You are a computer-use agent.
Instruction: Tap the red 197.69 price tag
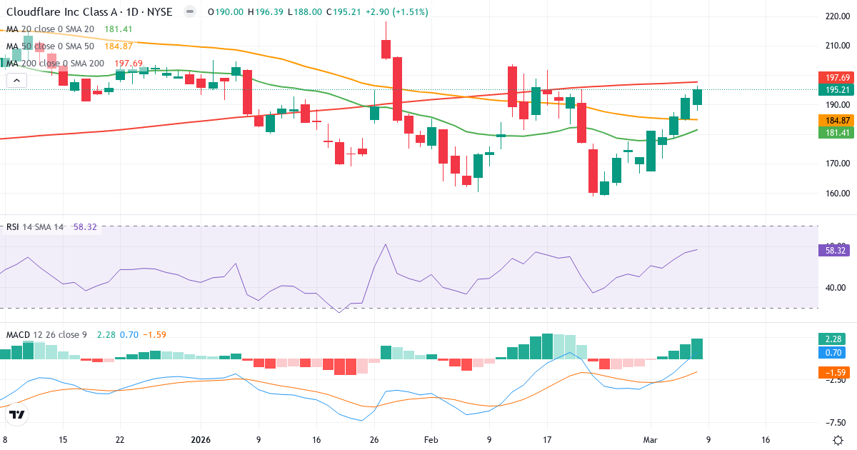coord(836,78)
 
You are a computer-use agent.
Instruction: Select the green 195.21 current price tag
coord(836,90)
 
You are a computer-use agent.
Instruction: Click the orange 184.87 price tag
coord(836,121)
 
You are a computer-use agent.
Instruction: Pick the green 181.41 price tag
coord(836,133)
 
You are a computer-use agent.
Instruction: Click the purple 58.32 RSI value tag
coord(836,250)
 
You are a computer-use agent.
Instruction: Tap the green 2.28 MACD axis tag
coord(833,339)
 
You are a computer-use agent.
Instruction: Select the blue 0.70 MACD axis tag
coord(833,352)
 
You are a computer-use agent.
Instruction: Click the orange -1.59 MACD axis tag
coord(833,372)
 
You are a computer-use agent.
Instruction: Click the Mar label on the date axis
coord(650,440)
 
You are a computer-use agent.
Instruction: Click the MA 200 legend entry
coord(56,64)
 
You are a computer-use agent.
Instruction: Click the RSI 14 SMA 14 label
coord(35,227)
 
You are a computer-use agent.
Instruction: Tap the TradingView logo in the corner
coord(17,415)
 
